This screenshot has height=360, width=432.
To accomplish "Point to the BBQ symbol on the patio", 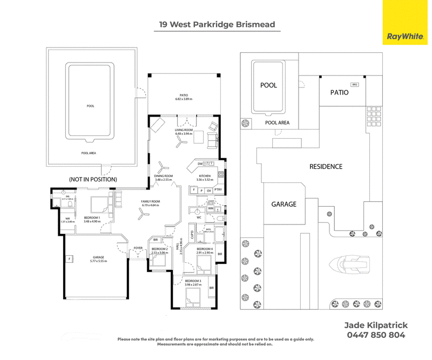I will tap(355, 85).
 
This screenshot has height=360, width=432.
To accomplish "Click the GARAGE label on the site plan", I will tap(283, 204).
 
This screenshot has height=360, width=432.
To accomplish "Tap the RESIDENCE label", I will tap(326, 167).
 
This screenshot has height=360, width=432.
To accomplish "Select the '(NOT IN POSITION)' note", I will tap(92, 179).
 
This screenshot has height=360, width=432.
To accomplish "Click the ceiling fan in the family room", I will tap(143, 214).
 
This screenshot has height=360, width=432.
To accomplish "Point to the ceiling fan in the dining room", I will tap(161, 167).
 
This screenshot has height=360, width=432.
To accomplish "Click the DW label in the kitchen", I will tap(199, 164).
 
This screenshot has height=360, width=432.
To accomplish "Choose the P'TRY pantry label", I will tap(219, 191).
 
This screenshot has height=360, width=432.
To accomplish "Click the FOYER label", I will tap(138, 249).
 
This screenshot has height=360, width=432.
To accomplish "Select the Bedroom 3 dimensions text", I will tap(193, 284).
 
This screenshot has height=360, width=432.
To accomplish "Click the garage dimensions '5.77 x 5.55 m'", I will tap(98, 261).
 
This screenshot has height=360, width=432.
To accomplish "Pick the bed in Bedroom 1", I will tap(99, 206).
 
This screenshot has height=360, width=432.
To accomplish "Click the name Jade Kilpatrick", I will tap(376, 325).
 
